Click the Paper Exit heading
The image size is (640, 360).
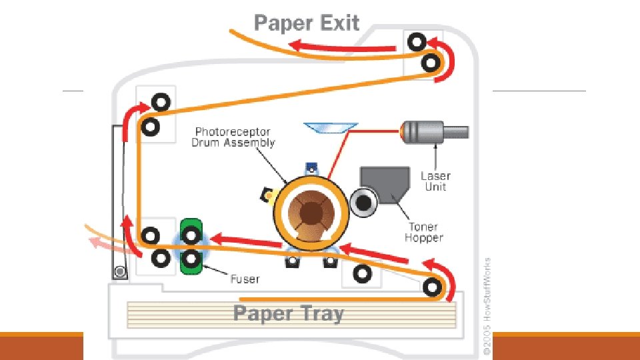[307, 23]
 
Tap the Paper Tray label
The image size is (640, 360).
[288, 313]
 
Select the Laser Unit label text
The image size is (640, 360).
[435, 181]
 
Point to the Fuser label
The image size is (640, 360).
[245, 278]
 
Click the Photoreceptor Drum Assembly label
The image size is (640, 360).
[233, 137]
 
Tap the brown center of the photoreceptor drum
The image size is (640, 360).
[311, 213]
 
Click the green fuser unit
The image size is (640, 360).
[191, 245]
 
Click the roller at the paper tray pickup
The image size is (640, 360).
[432, 287]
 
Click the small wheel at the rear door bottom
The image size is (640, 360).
[120, 271]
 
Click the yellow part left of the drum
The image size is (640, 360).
[268, 194]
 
